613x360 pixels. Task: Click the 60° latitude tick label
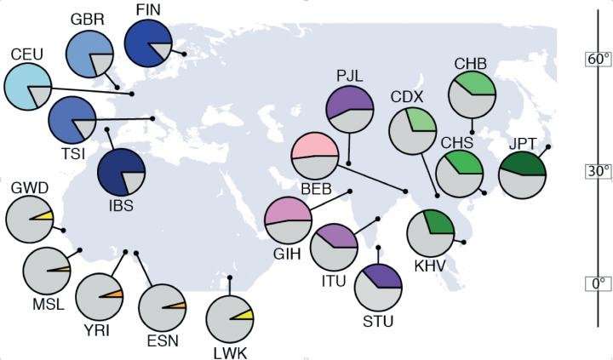point(599,60)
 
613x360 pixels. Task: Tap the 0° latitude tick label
point(599,283)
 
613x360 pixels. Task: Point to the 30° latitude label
point(599,171)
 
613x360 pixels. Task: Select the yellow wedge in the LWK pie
point(245,315)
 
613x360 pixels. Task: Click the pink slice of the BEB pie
point(314,146)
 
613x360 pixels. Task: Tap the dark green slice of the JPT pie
point(523,163)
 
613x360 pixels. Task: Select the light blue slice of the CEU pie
point(23,84)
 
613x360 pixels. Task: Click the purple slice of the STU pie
point(384,276)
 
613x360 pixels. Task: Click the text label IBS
point(121,205)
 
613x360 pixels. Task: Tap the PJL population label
point(350,76)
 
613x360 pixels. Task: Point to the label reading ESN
point(163,340)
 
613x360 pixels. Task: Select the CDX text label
point(407,97)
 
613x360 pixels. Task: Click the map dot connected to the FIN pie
point(184,54)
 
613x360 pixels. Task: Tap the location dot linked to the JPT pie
point(548,146)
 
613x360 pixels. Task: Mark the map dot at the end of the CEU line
point(132,94)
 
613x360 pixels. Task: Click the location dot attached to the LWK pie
point(230,277)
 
